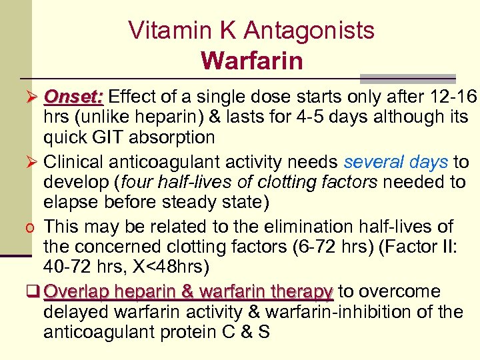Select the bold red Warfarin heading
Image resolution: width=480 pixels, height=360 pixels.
click(x=251, y=61)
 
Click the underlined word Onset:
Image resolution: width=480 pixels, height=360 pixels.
click(x=73, y=97)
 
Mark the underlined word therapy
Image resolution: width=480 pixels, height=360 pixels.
click(x=303, y=292)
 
